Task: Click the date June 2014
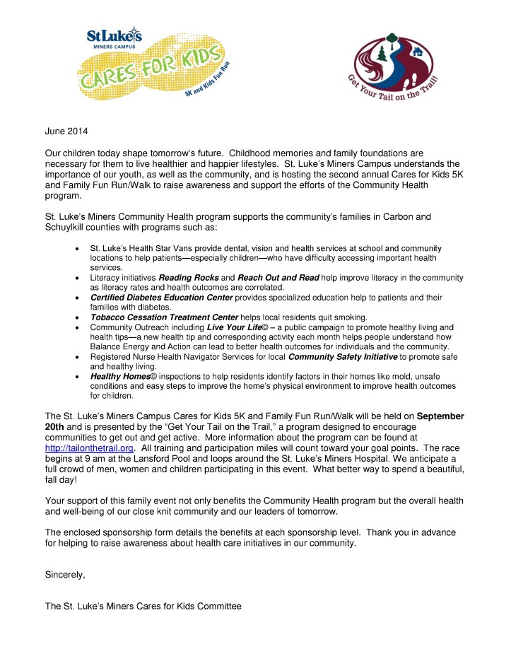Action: pos(68,131)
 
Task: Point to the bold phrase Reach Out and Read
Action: pos(278,278)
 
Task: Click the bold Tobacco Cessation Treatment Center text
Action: pos(164,317)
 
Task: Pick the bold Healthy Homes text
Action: pos(119,377)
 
